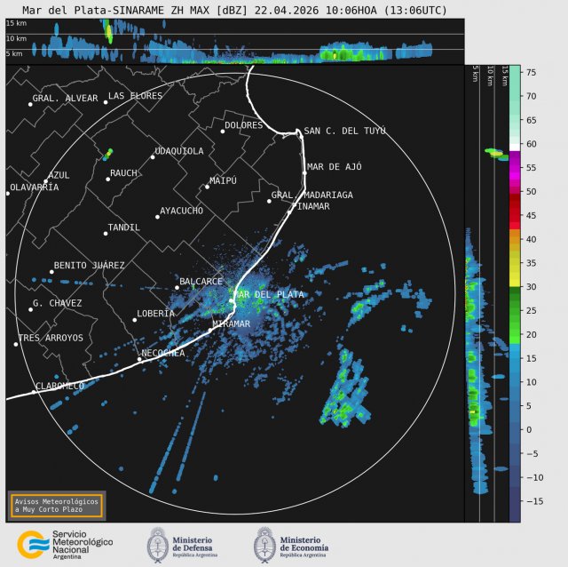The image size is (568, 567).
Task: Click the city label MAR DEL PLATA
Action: coord(269,293)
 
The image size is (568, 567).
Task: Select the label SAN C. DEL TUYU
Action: coord(344,131)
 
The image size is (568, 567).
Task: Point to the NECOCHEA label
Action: coord(163,353)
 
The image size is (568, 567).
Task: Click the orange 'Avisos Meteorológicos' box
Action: coord(56,505)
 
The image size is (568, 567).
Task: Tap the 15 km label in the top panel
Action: coord(16,24)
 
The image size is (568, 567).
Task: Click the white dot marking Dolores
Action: coord(223,131)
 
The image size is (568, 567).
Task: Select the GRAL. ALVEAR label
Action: coord(65,98)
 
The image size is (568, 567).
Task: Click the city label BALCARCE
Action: coord(201,281)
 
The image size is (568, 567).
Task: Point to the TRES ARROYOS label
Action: coord(51,338)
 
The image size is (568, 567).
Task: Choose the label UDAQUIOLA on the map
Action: coord(179,151)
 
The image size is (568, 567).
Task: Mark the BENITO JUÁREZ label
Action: coord(89,265)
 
